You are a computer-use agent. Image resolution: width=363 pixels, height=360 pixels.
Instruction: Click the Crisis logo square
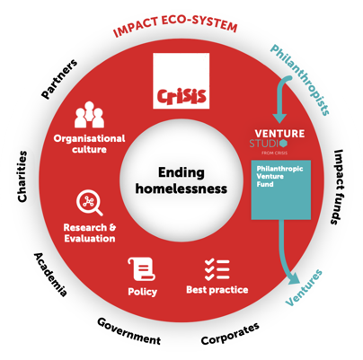pos(181,81)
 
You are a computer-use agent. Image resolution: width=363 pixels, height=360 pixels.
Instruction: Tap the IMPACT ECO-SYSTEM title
pos(175,26)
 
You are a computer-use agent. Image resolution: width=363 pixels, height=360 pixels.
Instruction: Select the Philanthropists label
pos(300,80)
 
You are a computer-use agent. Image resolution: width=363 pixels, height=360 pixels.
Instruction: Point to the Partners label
pos(59,79)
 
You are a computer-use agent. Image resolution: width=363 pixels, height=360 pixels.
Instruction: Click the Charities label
pos(22,176)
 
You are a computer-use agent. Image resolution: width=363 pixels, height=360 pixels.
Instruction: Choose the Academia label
pos(50,275)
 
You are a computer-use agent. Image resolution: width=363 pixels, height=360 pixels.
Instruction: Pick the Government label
pos(128,331)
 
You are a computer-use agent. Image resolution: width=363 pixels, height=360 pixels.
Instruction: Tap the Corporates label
pos(230,334)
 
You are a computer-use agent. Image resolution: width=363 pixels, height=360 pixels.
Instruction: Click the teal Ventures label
pos(304,287)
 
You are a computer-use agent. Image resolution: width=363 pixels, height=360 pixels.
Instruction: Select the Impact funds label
pos(338,187)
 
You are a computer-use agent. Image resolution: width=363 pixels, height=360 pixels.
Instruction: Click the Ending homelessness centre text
pos(181,180)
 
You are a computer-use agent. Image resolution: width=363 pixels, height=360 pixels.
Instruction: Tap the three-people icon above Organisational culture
pos(89,115)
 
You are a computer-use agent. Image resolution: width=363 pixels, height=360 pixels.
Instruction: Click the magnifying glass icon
pos(89,203)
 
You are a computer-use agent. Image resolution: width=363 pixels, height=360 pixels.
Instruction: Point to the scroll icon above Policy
pos(141,268)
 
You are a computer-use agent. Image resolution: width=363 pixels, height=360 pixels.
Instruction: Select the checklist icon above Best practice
pos(217,270)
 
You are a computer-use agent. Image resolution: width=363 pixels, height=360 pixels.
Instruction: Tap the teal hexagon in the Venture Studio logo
pos(283,144)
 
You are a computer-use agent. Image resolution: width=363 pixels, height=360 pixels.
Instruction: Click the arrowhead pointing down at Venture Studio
pos(280,119)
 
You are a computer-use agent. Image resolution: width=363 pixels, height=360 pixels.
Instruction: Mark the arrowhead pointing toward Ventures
pos(296,281)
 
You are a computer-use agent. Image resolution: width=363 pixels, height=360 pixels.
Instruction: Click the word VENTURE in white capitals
pos(279,134)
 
